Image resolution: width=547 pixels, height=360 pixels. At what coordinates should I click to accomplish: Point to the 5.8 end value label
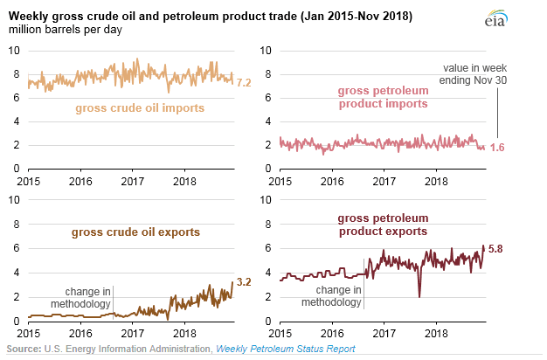coord(495,250)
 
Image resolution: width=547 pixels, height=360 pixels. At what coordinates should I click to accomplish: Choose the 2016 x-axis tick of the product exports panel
coord(332,334)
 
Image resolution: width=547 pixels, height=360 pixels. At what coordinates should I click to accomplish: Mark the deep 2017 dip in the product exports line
coord(419,296)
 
